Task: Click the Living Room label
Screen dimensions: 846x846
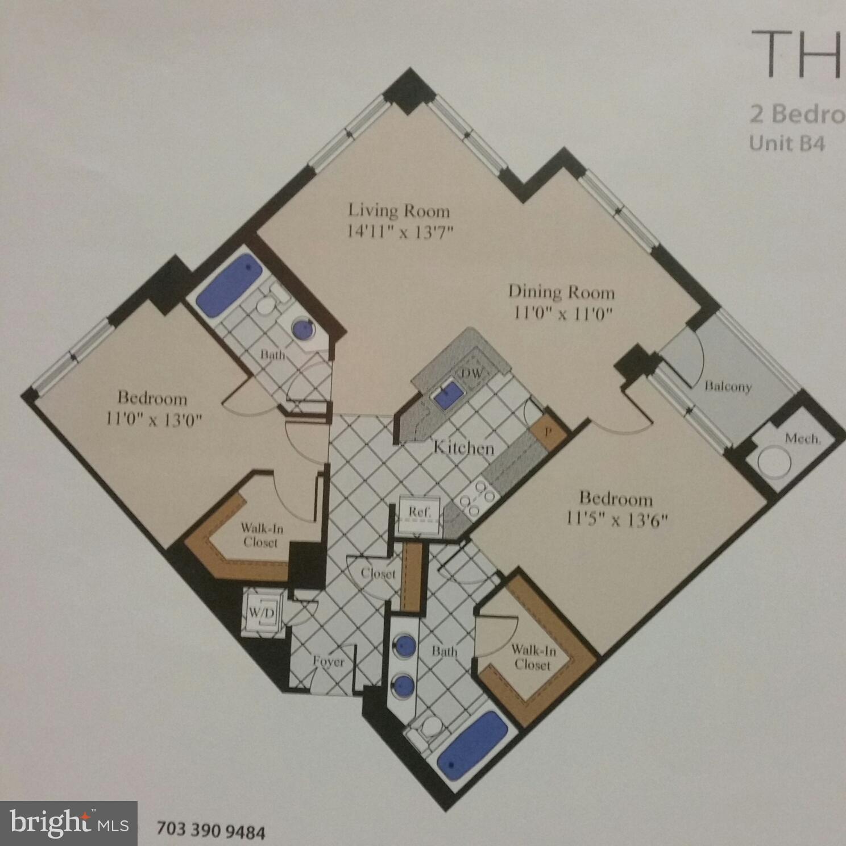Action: [x=399, y=211]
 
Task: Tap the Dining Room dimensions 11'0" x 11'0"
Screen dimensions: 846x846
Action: [x=562, y=313]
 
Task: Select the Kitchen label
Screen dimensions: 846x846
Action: [x=463, y=448]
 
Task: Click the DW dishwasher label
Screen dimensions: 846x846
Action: [x=471, y=374]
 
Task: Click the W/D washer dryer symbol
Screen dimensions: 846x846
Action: [x=262, y=613]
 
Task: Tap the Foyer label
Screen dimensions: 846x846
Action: [x=328, y=662]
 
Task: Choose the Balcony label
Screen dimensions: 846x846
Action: [x=728, y=387]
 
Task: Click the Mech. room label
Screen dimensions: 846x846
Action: [x=802, y=438]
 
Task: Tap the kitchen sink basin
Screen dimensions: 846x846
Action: [x=449, y=394]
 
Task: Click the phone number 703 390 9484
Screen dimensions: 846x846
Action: [x=210, y=830]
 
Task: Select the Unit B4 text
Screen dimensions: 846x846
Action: [x=786, y=143]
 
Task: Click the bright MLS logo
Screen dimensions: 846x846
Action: [x=69, y=823]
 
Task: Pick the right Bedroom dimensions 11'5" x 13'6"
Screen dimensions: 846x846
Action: [x=616, y=519]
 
